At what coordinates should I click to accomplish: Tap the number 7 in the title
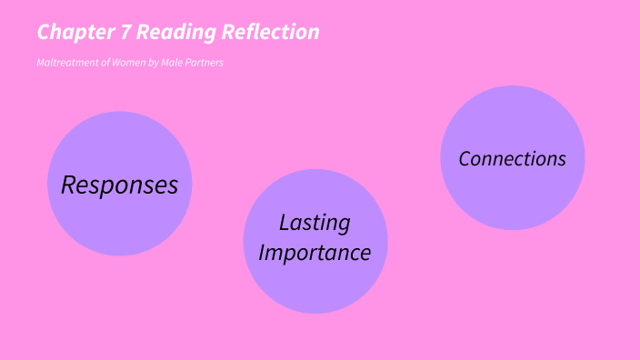click(125, 33)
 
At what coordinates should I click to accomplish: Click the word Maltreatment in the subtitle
click(65, 63)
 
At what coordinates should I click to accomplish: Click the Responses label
click(119, 185)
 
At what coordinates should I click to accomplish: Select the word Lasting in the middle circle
click(315, 223)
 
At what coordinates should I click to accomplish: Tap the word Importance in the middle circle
click(315, 252)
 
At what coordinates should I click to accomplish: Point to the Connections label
click(512, 158)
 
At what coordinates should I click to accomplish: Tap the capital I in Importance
click(262, 252)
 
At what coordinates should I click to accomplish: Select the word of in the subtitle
click(101, 63)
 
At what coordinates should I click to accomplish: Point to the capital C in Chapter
click(44, 33)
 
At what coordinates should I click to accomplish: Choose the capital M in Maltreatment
click(41, 63)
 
